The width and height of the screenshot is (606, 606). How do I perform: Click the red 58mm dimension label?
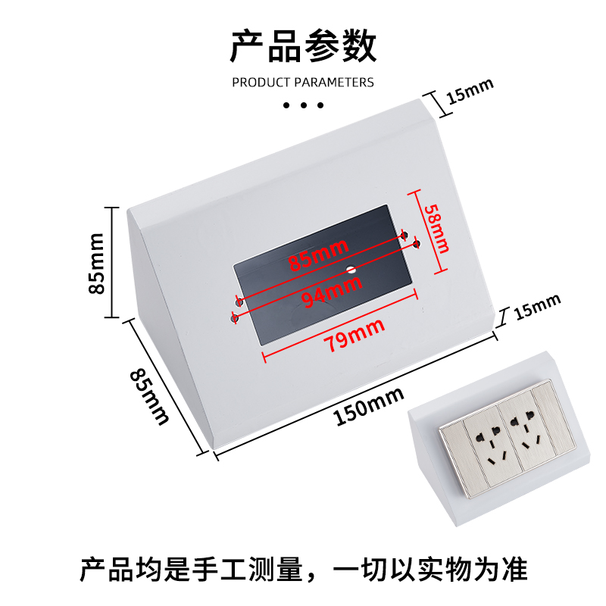[x=437, y=228]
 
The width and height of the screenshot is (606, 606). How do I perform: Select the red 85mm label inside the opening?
[x=317, y=255]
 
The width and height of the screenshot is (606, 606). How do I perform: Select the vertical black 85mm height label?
[x=96, y=263]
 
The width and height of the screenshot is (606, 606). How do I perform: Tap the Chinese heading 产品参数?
[x=303, y=47]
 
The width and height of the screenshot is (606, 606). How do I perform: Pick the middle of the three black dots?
[x=303, y=105]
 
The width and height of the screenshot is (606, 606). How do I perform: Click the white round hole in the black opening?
[x=351, y=269]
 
